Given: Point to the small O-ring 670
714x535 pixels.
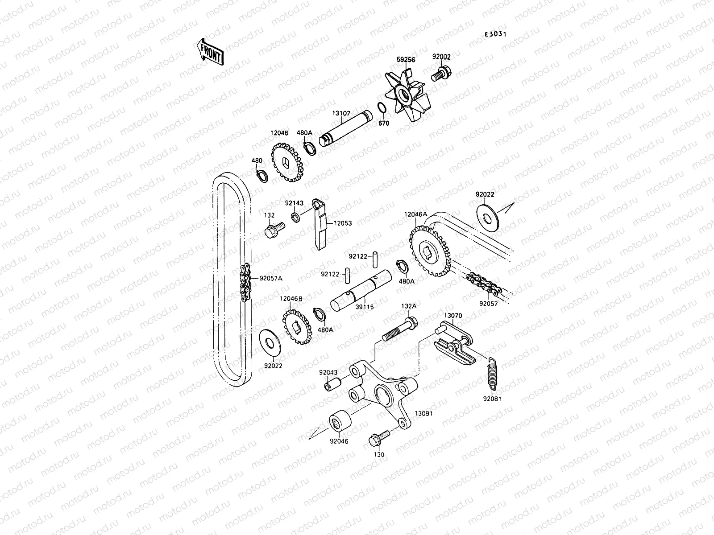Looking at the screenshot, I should click(x=394, y=108).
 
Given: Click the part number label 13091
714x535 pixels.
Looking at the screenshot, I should click(x=423, y=413).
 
